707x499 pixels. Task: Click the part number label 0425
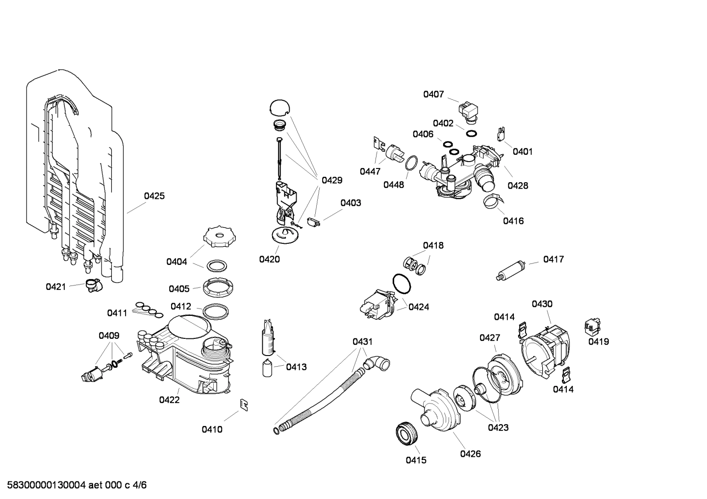point(154,196)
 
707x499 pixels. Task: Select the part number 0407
point(433,94)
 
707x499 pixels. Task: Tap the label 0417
point(553,259)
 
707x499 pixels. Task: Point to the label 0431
point(362,341)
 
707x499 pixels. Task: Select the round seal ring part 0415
point(406,433)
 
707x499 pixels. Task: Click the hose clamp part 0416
point(493,200)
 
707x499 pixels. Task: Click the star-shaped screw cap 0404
point(220,238)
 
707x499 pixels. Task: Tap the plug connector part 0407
point(469,111)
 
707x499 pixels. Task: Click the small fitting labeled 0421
point(92,285)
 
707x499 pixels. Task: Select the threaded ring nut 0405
point(216,287)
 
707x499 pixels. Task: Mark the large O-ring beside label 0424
point(402,285)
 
